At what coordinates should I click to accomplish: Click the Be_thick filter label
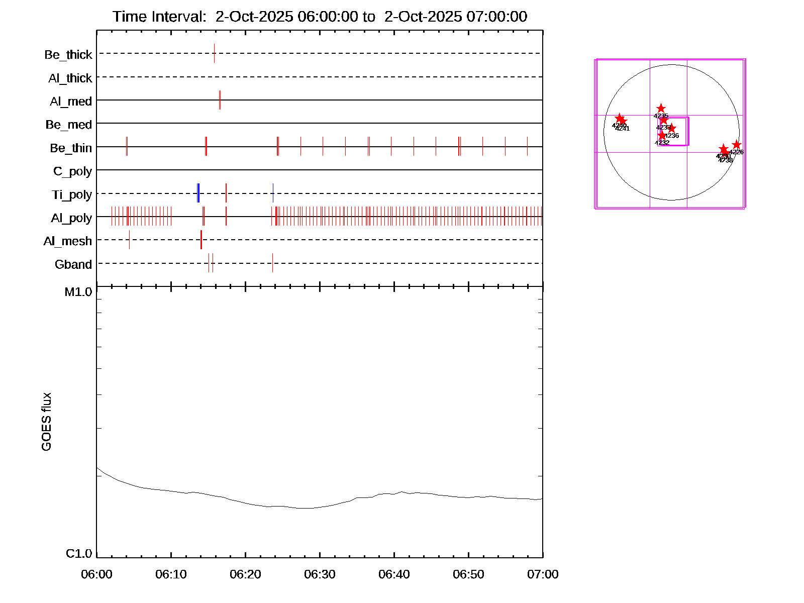68,55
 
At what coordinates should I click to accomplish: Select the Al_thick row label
70,78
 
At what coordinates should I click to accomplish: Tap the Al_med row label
71,102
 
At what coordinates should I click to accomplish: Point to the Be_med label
69,125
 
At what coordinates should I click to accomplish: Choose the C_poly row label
72,171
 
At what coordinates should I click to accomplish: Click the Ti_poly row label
72,194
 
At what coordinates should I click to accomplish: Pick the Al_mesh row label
68,241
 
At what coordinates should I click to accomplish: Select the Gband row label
73,264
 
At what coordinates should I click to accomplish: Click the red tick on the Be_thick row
214,53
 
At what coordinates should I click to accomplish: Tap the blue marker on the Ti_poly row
198,193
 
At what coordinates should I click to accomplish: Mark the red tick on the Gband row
272,263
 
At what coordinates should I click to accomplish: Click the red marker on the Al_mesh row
201,240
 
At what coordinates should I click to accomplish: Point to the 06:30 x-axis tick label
320,574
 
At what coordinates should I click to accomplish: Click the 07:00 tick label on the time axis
543,574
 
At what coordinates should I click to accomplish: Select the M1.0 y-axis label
78,292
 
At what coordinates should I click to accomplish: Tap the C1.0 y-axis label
79,554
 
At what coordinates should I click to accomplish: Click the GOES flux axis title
46,422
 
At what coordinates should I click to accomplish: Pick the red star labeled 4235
661,109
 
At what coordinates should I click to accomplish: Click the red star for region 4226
736,145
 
